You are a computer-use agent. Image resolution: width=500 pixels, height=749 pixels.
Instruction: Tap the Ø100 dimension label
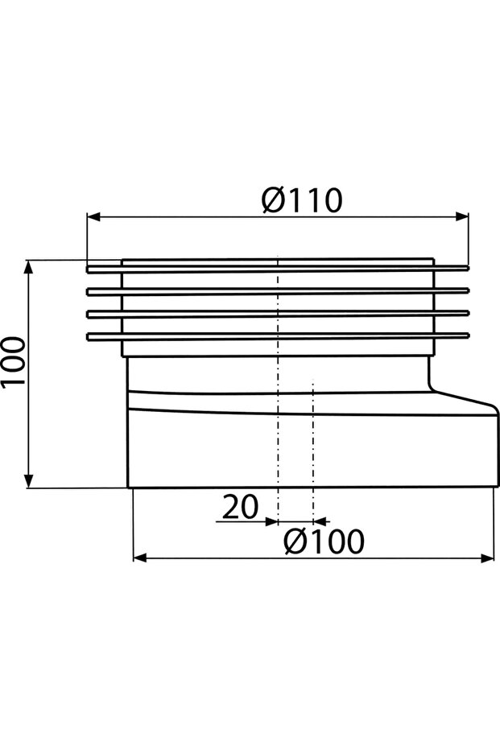click(x=324, y=541)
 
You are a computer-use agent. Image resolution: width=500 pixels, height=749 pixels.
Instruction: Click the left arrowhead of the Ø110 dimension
click(x=93, y=217)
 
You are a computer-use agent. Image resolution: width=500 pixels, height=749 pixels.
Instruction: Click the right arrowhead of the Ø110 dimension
click(x=462, y=216)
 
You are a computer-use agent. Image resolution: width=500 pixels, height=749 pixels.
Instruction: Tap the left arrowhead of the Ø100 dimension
click(x=139, y=558)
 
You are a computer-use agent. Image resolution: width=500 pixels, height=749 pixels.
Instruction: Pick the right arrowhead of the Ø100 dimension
click(x=487, y=558)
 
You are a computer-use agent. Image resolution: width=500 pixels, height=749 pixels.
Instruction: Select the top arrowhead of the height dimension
click(x=29, y=266)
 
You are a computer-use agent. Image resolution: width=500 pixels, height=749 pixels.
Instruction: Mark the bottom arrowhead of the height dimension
click(x=29, y=481)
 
